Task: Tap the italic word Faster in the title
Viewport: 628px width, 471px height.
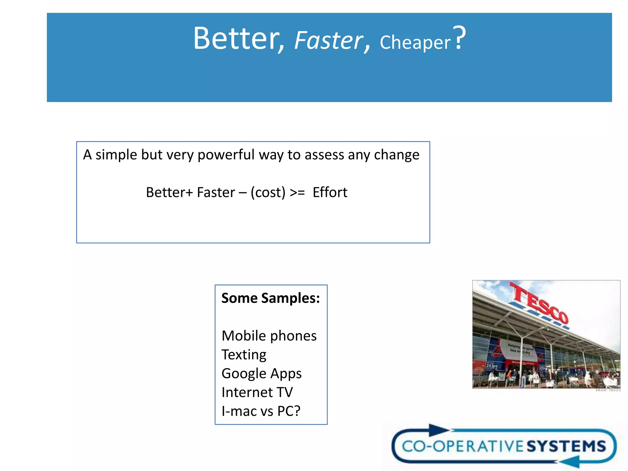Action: click(x=328, y=41)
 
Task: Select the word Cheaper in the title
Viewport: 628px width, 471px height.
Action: click(x=415, y=42)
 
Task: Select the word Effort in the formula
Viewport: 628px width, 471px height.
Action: click(x=330, y=193)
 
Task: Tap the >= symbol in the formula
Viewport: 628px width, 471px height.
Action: click(x=297, y=193)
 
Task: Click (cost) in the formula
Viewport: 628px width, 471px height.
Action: click(x=268, y=193)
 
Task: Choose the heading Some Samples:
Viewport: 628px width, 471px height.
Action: click(x=270, y=298)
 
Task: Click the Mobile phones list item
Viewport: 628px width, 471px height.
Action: click(x=269, y=336)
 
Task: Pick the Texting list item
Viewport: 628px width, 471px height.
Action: click(x=244, y=355)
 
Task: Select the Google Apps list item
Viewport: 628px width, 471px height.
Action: click(x=261, y=373)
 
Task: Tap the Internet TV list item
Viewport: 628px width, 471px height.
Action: click(x=257, y=392)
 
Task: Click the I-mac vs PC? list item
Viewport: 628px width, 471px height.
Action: click(x=261, y=411)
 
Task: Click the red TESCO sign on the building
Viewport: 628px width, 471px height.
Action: click(x=539, y=303)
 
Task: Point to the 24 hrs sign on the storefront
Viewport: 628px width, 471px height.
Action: click(x=492, y=366)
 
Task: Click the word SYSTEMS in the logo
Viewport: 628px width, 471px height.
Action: click(x=566, y=446)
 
